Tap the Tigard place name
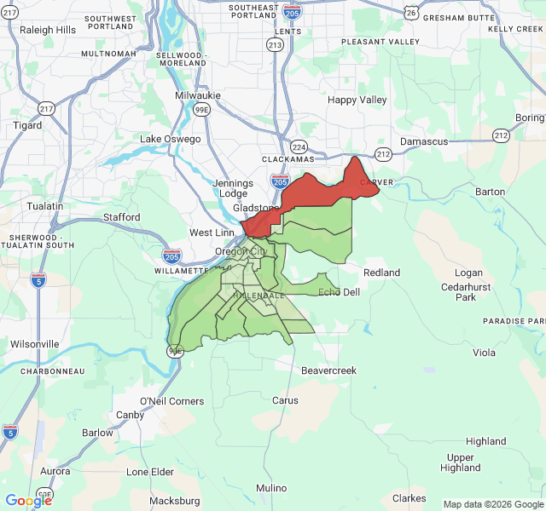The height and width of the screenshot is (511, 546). [x=27, y=125]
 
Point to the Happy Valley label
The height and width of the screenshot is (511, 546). [x=357, y=100]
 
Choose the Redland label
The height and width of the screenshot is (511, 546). [x=381, y=273]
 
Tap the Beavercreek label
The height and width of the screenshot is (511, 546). [x=328, y=370]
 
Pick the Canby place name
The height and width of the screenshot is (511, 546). [x=130, y=415]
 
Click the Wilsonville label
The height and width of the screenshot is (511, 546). [x=34, y=344]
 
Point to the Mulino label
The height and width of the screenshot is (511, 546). [x=271, y=488]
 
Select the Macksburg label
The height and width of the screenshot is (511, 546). [x=174, y=501]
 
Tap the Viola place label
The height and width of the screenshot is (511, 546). [x=484, y=353]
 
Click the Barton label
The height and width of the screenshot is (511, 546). [x=490, y=192]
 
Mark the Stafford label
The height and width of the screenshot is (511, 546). [x=122, y=217]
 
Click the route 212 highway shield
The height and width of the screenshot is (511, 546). [x=383, y=154]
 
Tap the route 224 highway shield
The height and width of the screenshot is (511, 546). [x=298, y=146]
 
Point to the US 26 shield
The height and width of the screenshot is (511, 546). [x=412, y=13]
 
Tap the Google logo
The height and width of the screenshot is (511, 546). [x=28, y=501]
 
